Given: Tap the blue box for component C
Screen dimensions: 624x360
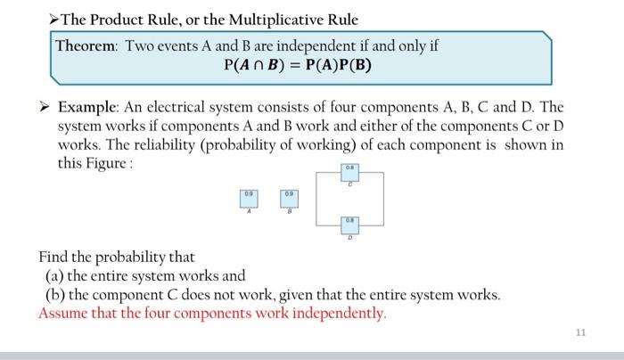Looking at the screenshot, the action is point(350,172).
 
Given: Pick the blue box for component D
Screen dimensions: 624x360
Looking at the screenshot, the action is point(350,224).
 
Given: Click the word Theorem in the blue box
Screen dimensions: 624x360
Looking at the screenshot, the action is point(86,45).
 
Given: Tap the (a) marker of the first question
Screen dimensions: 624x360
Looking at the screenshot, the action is point(55,276).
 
